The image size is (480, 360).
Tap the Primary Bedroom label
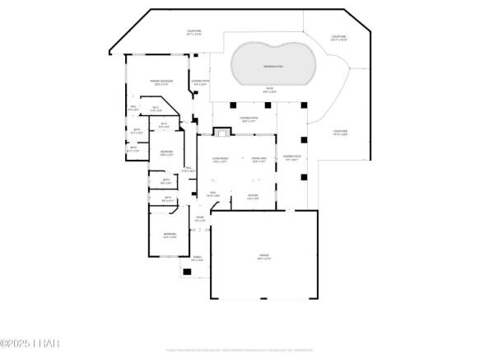pyautogui.click(x=161, y=82)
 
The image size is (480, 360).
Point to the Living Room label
pyautogui.click(x=220, y=160)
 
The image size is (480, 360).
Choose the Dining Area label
pyautogui.click(x=258, y=160)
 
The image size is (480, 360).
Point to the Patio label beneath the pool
pyautogui.click(x=268, y=90)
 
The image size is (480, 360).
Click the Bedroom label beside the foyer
pyautogui.click(x=169, y=235)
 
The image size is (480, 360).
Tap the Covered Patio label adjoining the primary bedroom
pyautogui.click(x=200, y=82)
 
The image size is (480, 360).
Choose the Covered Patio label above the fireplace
pyautogui.click(x=249, y=119)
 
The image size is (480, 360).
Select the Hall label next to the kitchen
pyautogui.click(x=212, y=194)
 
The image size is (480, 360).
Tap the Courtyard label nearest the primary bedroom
pyautogui.click(x=193, y=33)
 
